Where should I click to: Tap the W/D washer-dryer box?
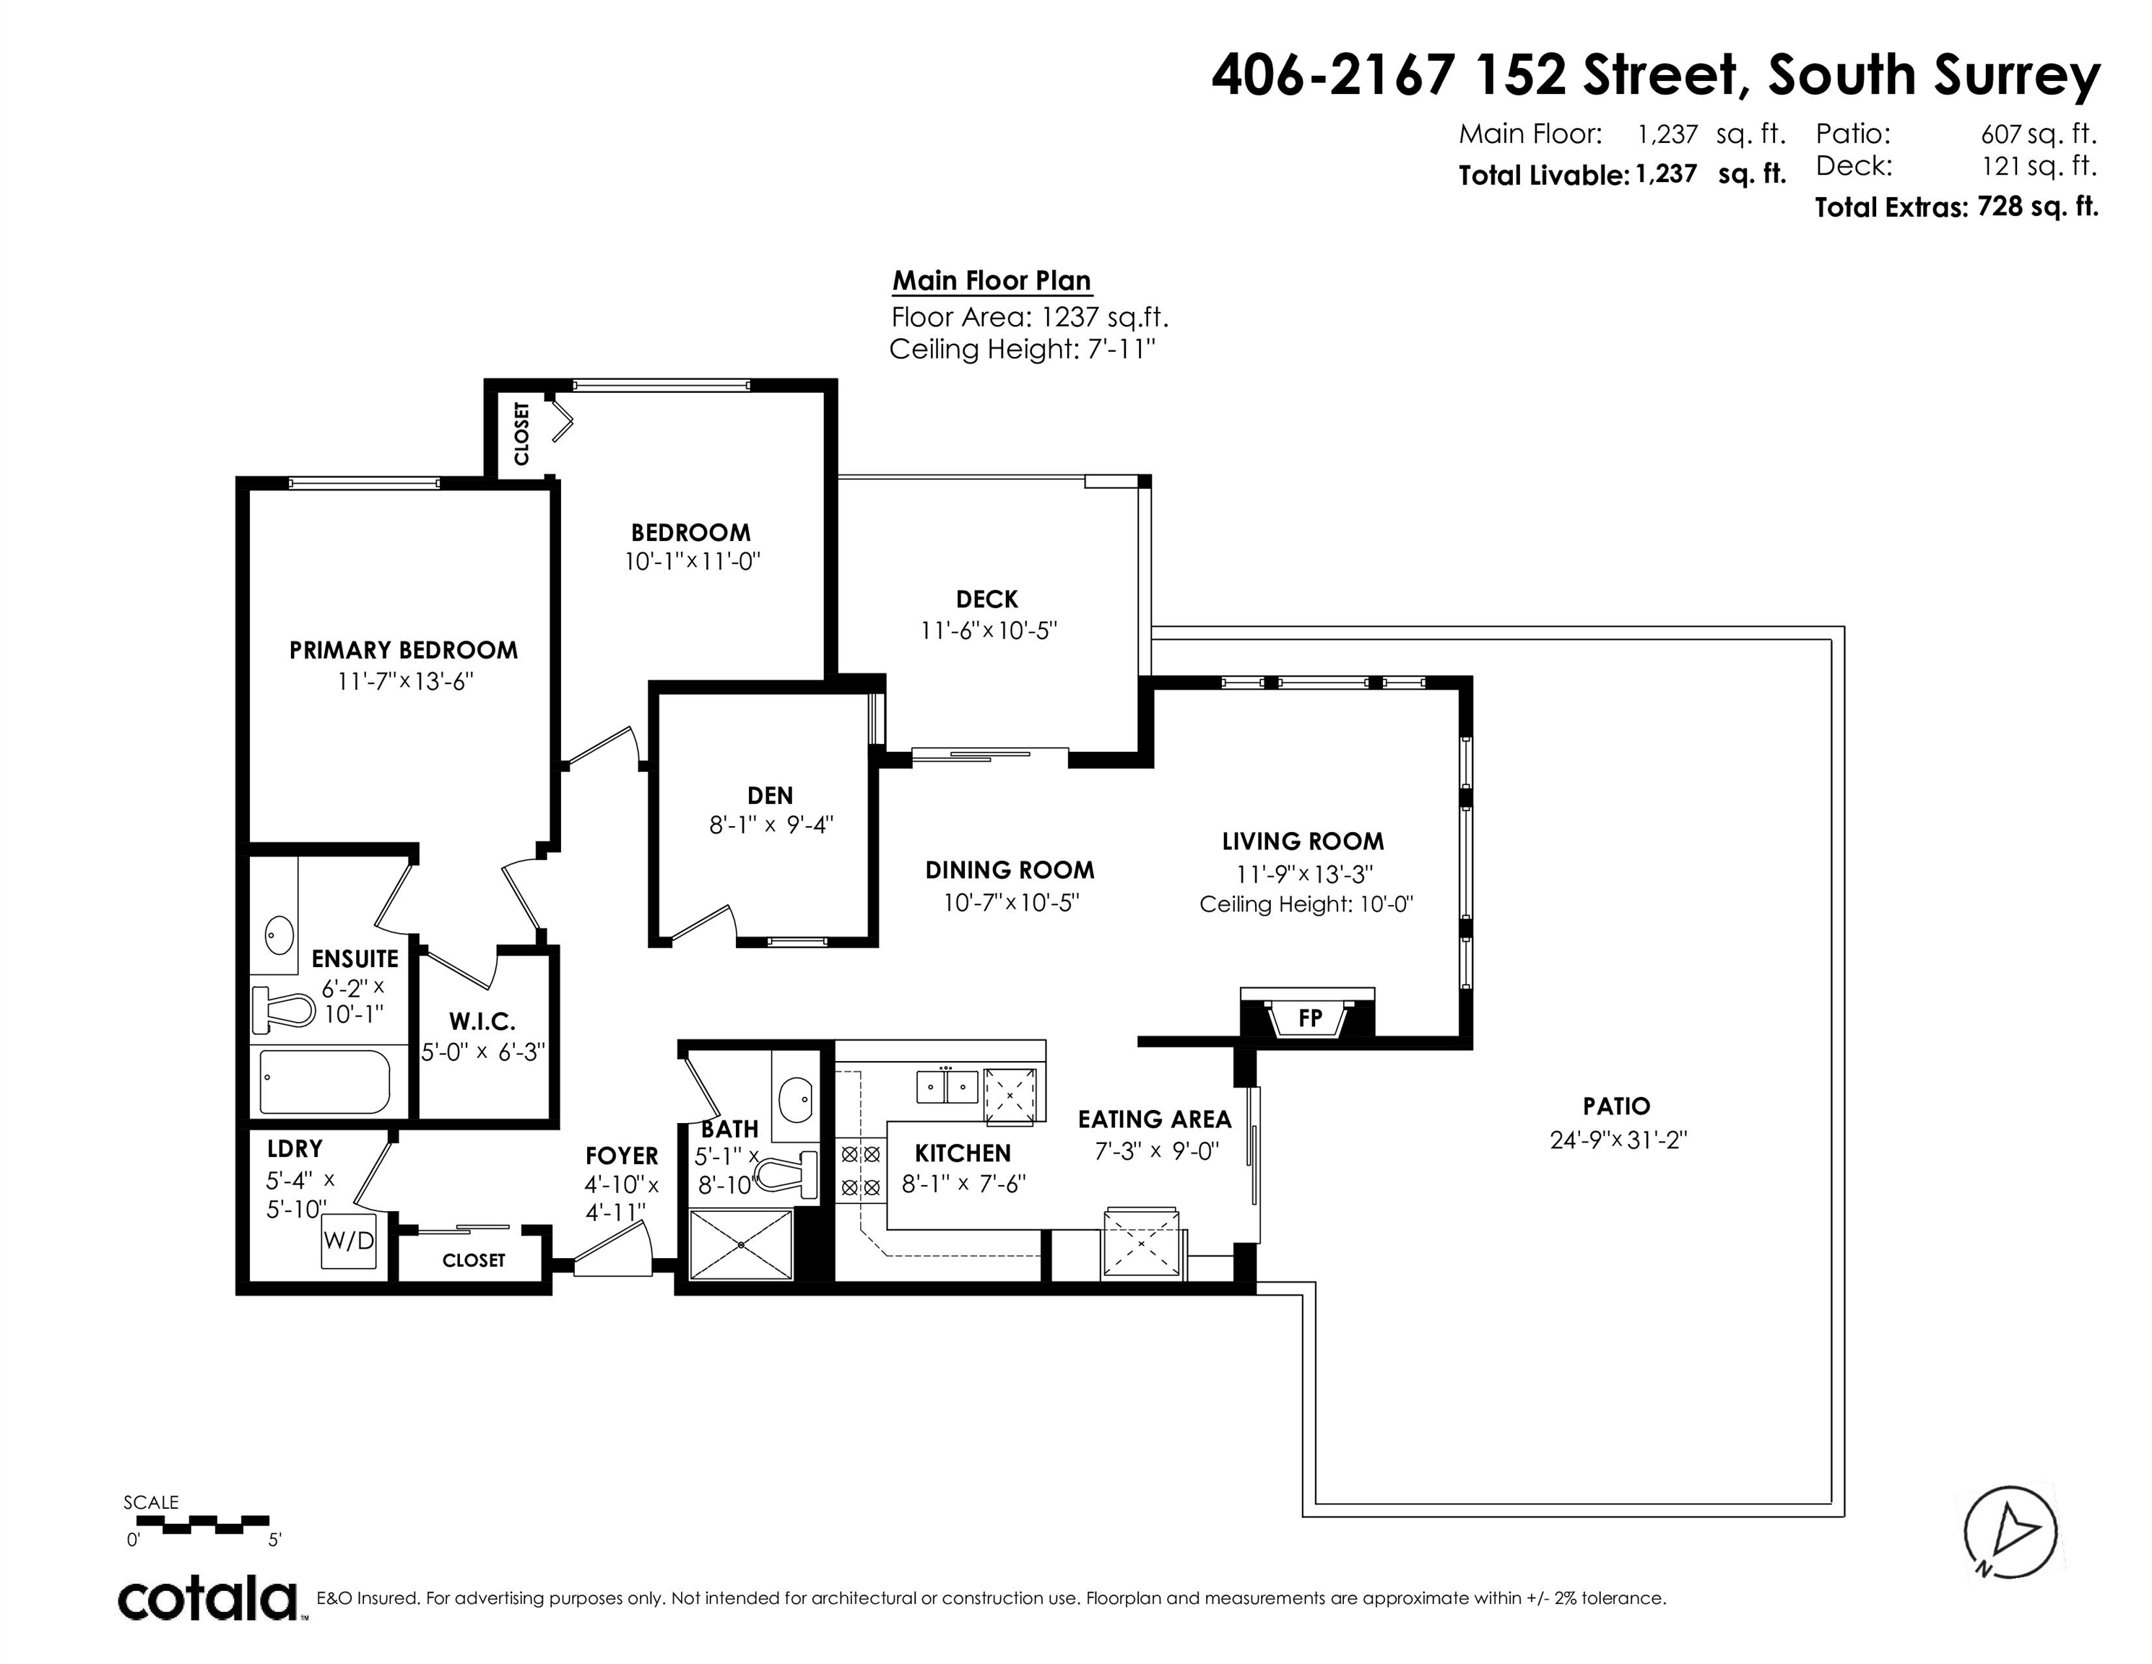click(x=349, y=1239)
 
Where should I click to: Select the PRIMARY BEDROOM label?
click(x=403, y=650)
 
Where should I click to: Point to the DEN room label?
click(x=771, y=795)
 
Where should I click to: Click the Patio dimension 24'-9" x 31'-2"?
click(x=1618, y=1140)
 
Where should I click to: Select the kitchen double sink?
click(x=946, y=1087)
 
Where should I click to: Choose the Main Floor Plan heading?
click(x=992, y=281)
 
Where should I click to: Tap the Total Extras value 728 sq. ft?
click(x=2038, y=207)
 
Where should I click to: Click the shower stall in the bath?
click(x=740, y=1244)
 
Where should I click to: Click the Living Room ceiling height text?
click(x=1306, y=904)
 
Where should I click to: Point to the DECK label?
click(x=987, y=599)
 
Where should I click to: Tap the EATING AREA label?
click(x=1155, y=1119)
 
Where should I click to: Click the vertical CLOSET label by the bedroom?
click(x=521, y=433)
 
